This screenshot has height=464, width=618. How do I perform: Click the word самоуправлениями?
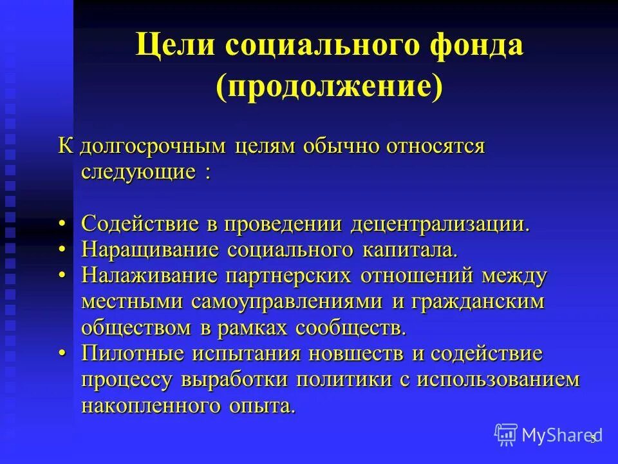point(288,301)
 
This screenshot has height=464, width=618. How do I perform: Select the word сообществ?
point(351,327)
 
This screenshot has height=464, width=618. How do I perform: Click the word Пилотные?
point(132,354)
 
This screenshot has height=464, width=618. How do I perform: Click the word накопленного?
point(153,405)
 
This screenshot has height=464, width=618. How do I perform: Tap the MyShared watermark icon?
point(506,435)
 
